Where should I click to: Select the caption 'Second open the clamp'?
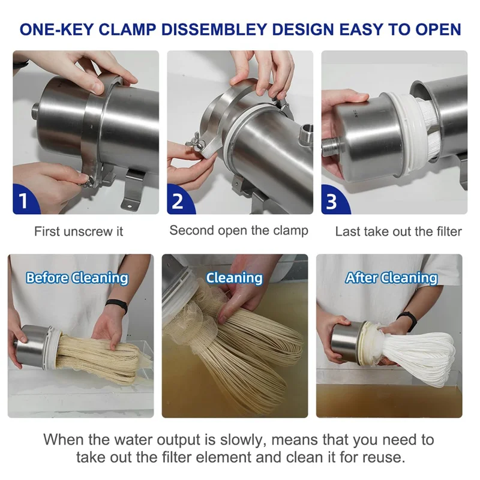[x=239, y=230]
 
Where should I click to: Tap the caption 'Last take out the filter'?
[x=398, y=231]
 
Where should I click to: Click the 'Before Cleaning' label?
[x=77, y=278]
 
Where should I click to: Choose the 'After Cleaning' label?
[x=391, y=278]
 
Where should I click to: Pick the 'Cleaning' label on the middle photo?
[x=234, y=278]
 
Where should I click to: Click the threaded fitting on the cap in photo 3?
[x=331, y=146]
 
